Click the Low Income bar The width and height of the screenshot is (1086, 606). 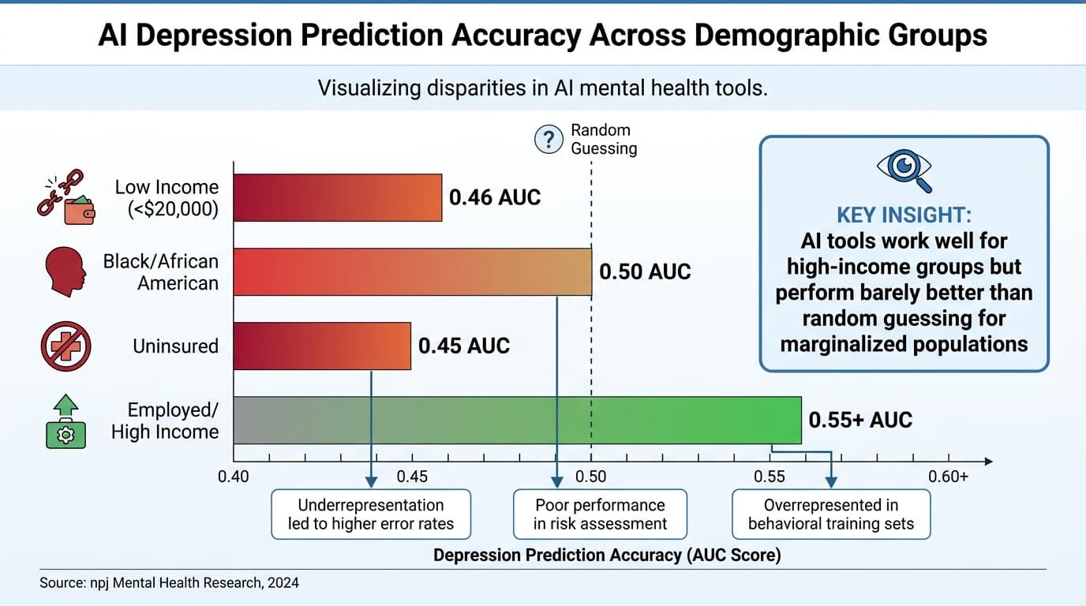click(x=338, y=197)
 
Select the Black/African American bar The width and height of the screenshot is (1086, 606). click(x=413, y=272)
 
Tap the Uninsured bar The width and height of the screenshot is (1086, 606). click(x=322, y=346)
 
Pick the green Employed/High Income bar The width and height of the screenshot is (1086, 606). click(x=518, y=420)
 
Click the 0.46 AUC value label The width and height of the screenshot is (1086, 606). click(x=495, y=197)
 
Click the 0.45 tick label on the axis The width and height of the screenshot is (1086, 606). click(x=412, y=477)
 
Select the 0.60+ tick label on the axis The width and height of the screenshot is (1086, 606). click(x=948, y=477)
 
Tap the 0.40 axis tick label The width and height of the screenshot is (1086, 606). click(x=234, y=477)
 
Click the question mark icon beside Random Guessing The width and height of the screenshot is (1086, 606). click(x=548, y=139)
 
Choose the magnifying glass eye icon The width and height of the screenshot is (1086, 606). click(x=904, y=169)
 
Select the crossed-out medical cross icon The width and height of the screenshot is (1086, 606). click(x=66, y=346)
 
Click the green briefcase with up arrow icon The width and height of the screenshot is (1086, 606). click(x=66, y=422)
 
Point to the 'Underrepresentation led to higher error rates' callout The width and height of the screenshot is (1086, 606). click(x=371, y=514)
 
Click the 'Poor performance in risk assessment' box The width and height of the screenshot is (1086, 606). click(x=600, y=514)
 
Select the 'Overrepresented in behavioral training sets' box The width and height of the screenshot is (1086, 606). click(x=831, y=514)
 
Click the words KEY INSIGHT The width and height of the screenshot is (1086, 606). click(x=904, y=215)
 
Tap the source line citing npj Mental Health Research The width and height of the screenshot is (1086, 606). click(x=169, y=583)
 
